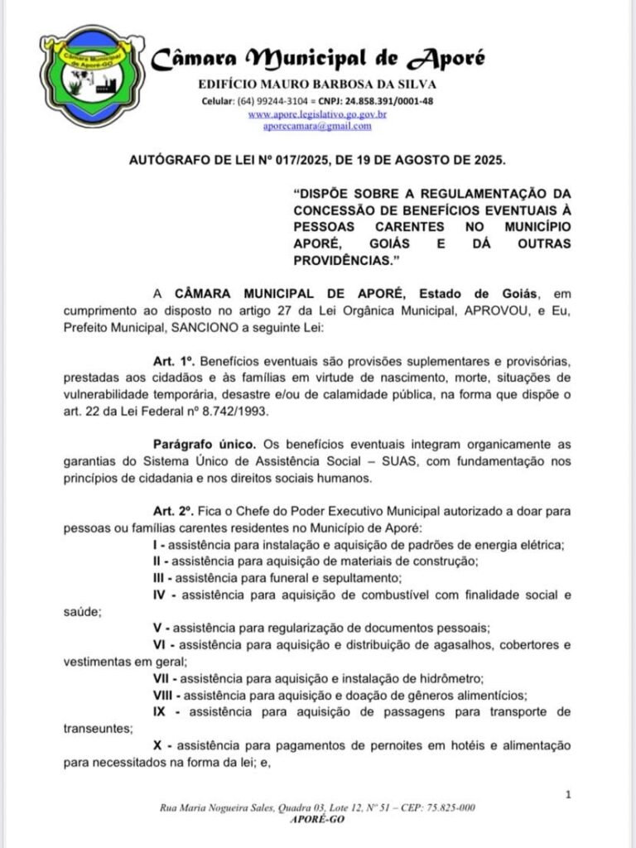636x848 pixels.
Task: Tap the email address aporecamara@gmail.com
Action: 317,126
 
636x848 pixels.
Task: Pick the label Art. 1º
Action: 172,363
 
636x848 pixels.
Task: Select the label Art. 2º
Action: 172,512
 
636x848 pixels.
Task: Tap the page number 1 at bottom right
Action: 568,795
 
